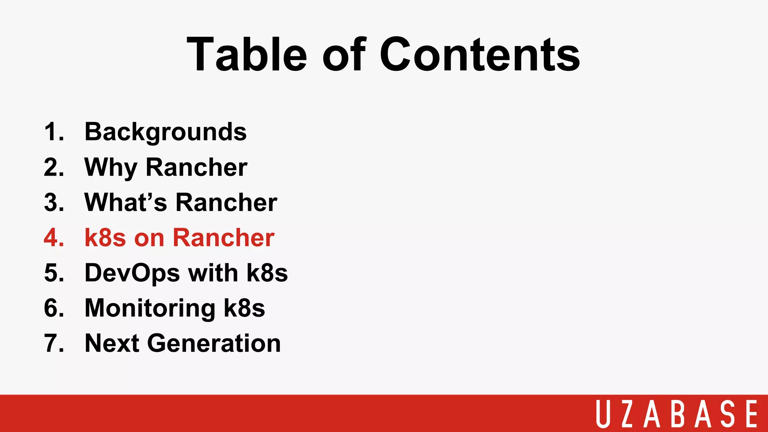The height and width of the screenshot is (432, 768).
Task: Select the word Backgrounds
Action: (x=165, y=132)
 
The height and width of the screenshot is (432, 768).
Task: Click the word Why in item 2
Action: (x=111, y=167)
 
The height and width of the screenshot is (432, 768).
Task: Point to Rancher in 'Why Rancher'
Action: (x=196, y=167)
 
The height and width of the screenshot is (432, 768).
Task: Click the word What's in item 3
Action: (x=126, y=202)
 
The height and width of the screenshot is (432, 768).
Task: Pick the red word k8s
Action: (x=105, y=238)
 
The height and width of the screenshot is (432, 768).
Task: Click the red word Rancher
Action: (x=223, y=238)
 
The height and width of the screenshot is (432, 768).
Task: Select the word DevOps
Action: (x=132, y=273)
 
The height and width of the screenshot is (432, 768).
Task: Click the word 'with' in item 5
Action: (x=213, y=273)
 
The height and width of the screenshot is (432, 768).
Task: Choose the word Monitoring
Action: (x=150, y=308)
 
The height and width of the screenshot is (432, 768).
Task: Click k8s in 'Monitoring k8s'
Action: (x=244, y=308)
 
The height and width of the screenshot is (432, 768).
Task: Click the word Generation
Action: (x=214, y=343)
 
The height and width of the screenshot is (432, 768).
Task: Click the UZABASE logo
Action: (x=676, y=414)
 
